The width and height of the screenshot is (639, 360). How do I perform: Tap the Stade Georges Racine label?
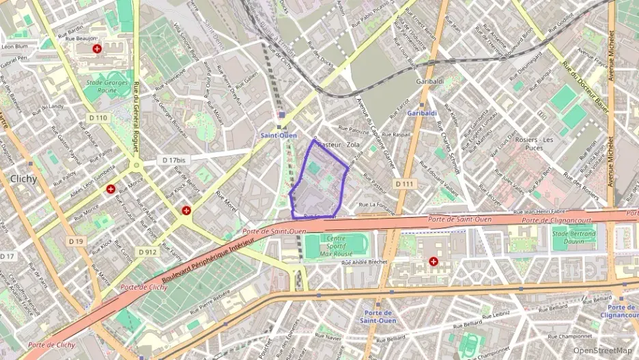pos(106,85)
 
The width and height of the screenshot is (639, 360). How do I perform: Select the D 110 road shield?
pos(99,117)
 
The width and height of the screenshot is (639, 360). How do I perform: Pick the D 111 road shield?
pos(404,184)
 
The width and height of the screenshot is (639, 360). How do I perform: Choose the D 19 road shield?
pos(76,241)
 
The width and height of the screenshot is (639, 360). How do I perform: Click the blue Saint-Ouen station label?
pos(279,135)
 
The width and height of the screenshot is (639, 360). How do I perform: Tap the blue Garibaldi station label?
pos(421,112)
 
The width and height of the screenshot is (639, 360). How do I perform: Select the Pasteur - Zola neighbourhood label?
pos(339,145)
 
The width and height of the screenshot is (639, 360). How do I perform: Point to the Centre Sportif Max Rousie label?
pos(337,245)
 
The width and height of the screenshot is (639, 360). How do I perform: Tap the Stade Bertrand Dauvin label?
pos(574,236)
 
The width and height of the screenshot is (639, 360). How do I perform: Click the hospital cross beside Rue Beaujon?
pos(97,49)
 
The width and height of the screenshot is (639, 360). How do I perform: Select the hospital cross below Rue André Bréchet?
pos(434,261)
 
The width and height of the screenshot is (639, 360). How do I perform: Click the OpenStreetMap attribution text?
pos(602,350)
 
